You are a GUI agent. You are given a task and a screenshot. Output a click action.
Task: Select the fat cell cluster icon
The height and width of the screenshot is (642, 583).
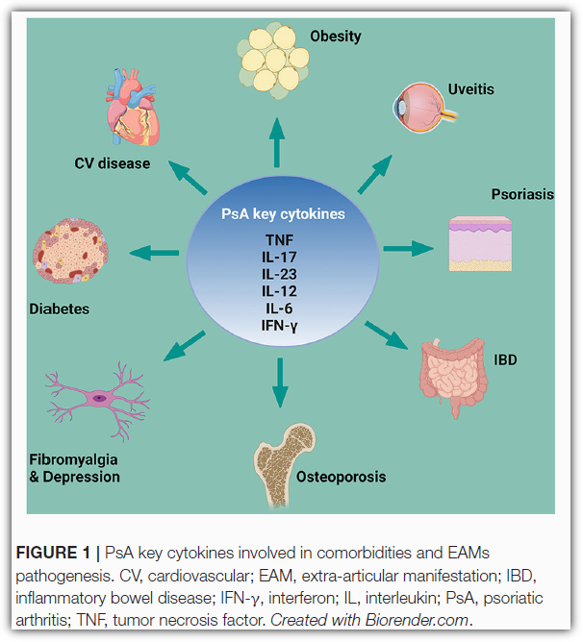tap(272, 62)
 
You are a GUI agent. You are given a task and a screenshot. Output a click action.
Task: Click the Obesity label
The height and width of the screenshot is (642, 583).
tap(335, 37)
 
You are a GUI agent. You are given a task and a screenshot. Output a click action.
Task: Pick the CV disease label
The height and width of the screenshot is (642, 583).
tap(113, 163)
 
